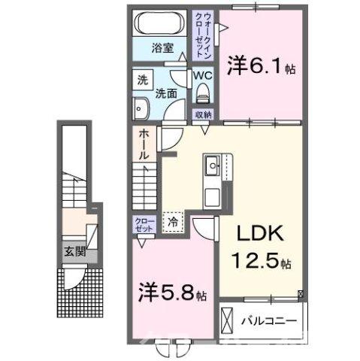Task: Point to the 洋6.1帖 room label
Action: (x=262, y=65)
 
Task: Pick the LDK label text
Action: (x=256, y=235)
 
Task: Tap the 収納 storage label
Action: (x=203, y=115)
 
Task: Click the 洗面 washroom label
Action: (x=165, y=93)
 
